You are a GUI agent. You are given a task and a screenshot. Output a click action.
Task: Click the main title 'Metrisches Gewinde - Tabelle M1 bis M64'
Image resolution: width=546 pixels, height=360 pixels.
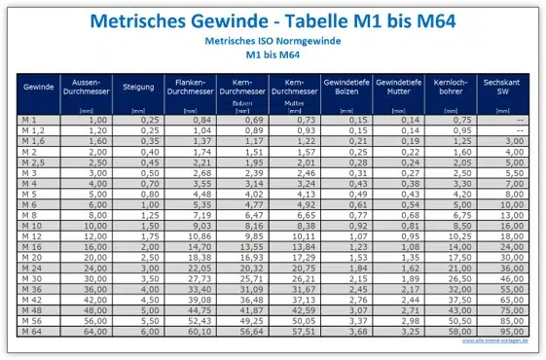pos(273,21)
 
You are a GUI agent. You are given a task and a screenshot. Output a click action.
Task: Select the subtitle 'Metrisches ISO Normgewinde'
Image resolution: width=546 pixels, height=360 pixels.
pos(273,43)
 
